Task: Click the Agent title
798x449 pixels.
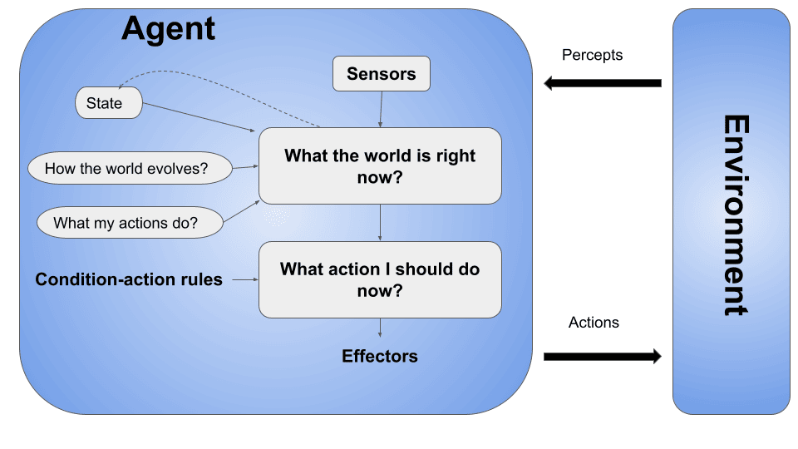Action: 168,29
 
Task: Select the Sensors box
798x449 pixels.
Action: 381,74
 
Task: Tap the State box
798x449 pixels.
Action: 108,103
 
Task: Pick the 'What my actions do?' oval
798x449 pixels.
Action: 130,223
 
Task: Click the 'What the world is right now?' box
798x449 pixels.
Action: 380,165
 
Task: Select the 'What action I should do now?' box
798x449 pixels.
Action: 380,279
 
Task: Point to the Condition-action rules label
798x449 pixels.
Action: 129,279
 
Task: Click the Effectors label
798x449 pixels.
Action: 380,356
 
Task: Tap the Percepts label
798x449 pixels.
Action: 592,55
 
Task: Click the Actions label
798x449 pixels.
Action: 594,323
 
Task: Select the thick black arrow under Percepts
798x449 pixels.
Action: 602,83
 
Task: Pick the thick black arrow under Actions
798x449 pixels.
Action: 602,357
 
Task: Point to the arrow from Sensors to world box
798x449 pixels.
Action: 381,109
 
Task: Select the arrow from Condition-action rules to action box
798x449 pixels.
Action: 244,280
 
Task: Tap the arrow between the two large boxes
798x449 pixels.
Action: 380,222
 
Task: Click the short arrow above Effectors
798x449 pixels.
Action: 380,328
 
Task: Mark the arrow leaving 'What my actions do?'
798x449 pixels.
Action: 242,211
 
